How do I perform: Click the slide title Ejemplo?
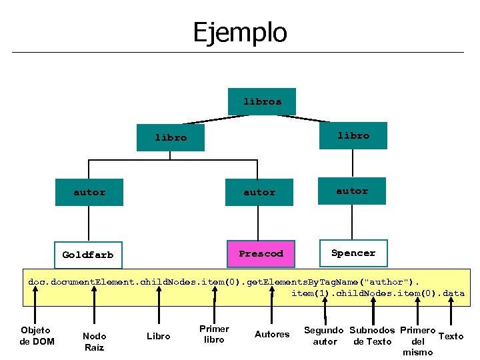click(x=240, y=31)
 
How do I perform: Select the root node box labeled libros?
click(x=262, y=102)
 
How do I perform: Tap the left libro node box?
click(x=171, y=138)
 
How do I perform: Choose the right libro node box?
click(x=353, y=135)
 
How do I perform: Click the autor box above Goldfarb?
click(x=89, y=192)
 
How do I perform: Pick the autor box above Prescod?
click(x=259, y=192)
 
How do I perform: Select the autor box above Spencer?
click(x=352, y=191)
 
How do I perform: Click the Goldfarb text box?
click(x=88, y=255)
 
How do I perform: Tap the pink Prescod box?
click(x=261, y=253)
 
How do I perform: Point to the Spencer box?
click(x=353, y=253)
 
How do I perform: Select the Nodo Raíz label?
click(x=94, y=341)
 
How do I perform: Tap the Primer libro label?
click(x=214, y=334)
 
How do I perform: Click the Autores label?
click(x=273, y=334)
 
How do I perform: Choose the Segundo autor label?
click(x=324, y=336)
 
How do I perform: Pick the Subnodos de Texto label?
click(x=371, y=336)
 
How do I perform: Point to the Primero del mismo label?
click(x=418, y=341)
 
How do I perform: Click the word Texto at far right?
click(x=451, y=336)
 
